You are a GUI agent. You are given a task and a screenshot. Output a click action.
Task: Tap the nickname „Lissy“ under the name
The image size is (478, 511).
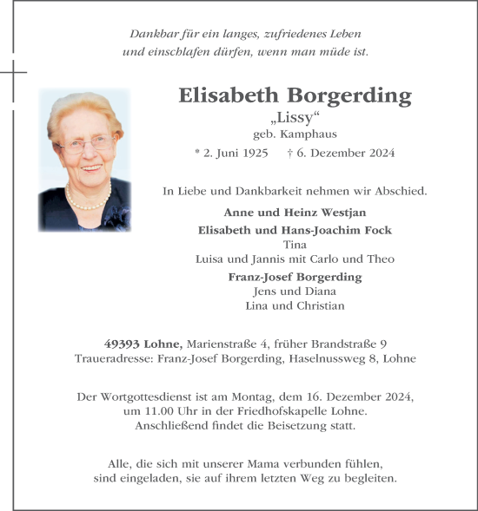pos(295,118)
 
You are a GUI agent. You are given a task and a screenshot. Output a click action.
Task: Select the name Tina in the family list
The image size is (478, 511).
pos(295,244)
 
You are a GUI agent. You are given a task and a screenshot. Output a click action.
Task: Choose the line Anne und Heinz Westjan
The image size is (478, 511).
pos(295,213)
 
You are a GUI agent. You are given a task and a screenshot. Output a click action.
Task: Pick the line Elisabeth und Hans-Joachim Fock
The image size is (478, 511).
pos(295,229)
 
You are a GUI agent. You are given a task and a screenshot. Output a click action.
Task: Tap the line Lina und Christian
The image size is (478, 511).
pos(295,305)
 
